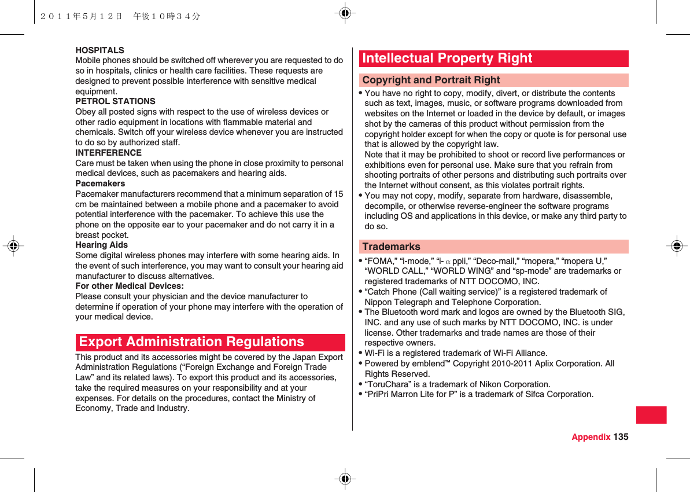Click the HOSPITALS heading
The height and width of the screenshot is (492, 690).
tap(99, 50)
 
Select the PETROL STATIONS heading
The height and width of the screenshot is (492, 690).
tap(115, 101)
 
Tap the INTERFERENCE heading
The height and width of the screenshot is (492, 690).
tap(108, 153)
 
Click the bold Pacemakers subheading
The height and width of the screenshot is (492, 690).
tap(100, 183)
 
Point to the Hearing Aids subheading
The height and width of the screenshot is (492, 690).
tap(102, 245)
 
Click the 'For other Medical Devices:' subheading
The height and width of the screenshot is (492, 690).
tap(130, 286)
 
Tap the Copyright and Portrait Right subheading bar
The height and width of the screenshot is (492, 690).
tap(493, 80)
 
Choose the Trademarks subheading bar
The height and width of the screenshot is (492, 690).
tap(493, 247)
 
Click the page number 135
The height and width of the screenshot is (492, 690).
tap(621, 436)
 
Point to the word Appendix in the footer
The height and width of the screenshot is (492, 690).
tap(591, 436)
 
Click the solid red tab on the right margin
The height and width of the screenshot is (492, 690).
tap(651, 415)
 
